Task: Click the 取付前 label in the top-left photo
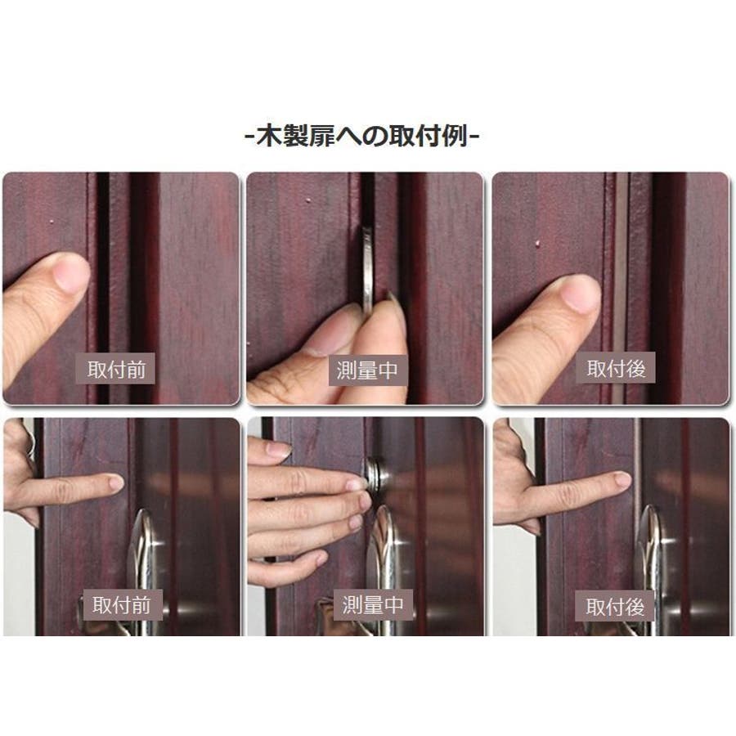point(115,369)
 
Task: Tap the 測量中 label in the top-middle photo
point(367,370)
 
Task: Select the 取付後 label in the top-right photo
point(615,368)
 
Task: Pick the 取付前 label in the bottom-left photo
point(121,604)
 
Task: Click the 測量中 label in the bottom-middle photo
point(373,604)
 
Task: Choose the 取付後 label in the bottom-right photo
point(615,607)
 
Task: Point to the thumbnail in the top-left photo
point(71,271)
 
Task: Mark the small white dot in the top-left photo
point(52,222)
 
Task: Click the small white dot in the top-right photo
point(538,243)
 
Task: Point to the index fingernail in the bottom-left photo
point(115,482)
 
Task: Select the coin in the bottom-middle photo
point(375,476)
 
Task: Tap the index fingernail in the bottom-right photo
point(622,479)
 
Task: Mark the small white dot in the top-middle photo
point(308,201)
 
